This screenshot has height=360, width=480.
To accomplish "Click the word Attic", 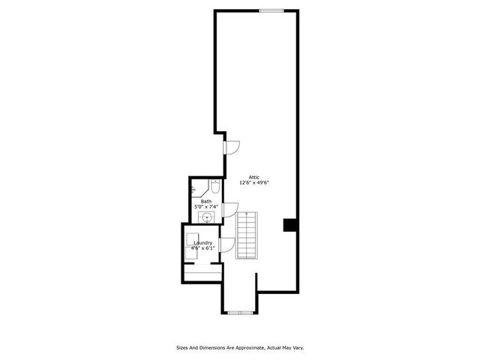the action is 254,177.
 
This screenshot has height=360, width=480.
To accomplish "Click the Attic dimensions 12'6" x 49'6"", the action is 254,183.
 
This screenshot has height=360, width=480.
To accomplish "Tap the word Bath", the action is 206,202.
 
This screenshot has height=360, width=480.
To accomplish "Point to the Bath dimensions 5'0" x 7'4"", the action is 206,207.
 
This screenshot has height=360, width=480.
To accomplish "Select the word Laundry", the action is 203,243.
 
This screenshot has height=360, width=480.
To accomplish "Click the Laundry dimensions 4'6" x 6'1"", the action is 203,248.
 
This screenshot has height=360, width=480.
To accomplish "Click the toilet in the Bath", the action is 215,187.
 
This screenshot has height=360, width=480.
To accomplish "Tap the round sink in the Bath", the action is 207,217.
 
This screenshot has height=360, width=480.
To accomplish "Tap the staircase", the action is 247,235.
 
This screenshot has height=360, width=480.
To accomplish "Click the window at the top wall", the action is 271,10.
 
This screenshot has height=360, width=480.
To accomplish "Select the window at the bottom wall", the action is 241,313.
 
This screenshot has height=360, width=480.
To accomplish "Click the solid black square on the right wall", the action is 289,225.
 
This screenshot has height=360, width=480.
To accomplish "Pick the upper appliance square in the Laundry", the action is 193,238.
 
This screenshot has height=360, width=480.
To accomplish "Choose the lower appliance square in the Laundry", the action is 192,253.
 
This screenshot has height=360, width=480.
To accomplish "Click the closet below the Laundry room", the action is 202,272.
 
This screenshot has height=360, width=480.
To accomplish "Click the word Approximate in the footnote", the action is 249,348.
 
